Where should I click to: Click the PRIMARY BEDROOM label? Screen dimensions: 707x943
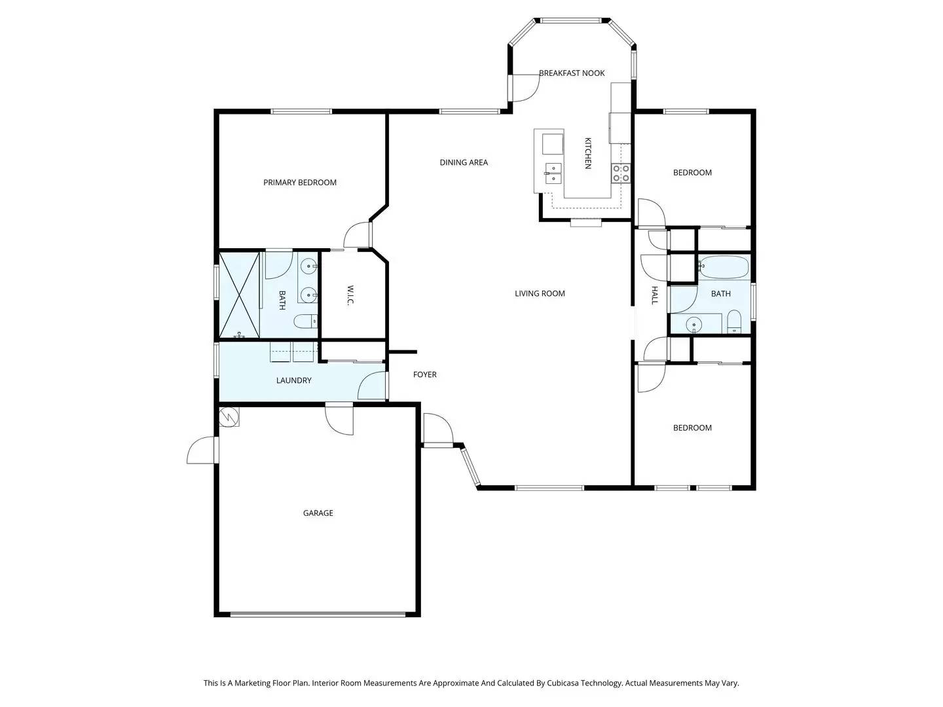tap(300, 183)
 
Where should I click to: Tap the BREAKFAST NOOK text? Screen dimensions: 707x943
tap(572, 73)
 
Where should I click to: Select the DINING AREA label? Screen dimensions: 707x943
tap(464, 162)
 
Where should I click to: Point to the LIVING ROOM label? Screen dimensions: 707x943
tap(540, 293)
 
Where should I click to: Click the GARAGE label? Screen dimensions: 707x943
tap(318, 513)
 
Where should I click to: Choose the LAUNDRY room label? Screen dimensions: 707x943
tap(293, 380)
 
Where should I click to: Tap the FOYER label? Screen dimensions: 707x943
tap(424, 374)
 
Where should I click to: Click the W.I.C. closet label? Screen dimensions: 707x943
tap(350, 294)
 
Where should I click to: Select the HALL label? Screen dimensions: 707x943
tap(654, 295)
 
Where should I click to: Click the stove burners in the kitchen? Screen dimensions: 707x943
tap(621, 173)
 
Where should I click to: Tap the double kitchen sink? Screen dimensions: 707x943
tap(554, 173)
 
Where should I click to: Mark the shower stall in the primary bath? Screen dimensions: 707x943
tap(240, 294)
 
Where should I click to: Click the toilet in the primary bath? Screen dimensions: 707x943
tap(305, 321)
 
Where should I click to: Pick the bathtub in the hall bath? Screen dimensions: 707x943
tap(724, 266)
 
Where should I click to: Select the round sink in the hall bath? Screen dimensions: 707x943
tap(694, 323)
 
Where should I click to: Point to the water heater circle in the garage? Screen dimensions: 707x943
tap(229, 416)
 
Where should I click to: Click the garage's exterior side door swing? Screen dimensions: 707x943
tap(202, 452)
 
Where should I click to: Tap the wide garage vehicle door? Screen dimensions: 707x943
tap(318, 614)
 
